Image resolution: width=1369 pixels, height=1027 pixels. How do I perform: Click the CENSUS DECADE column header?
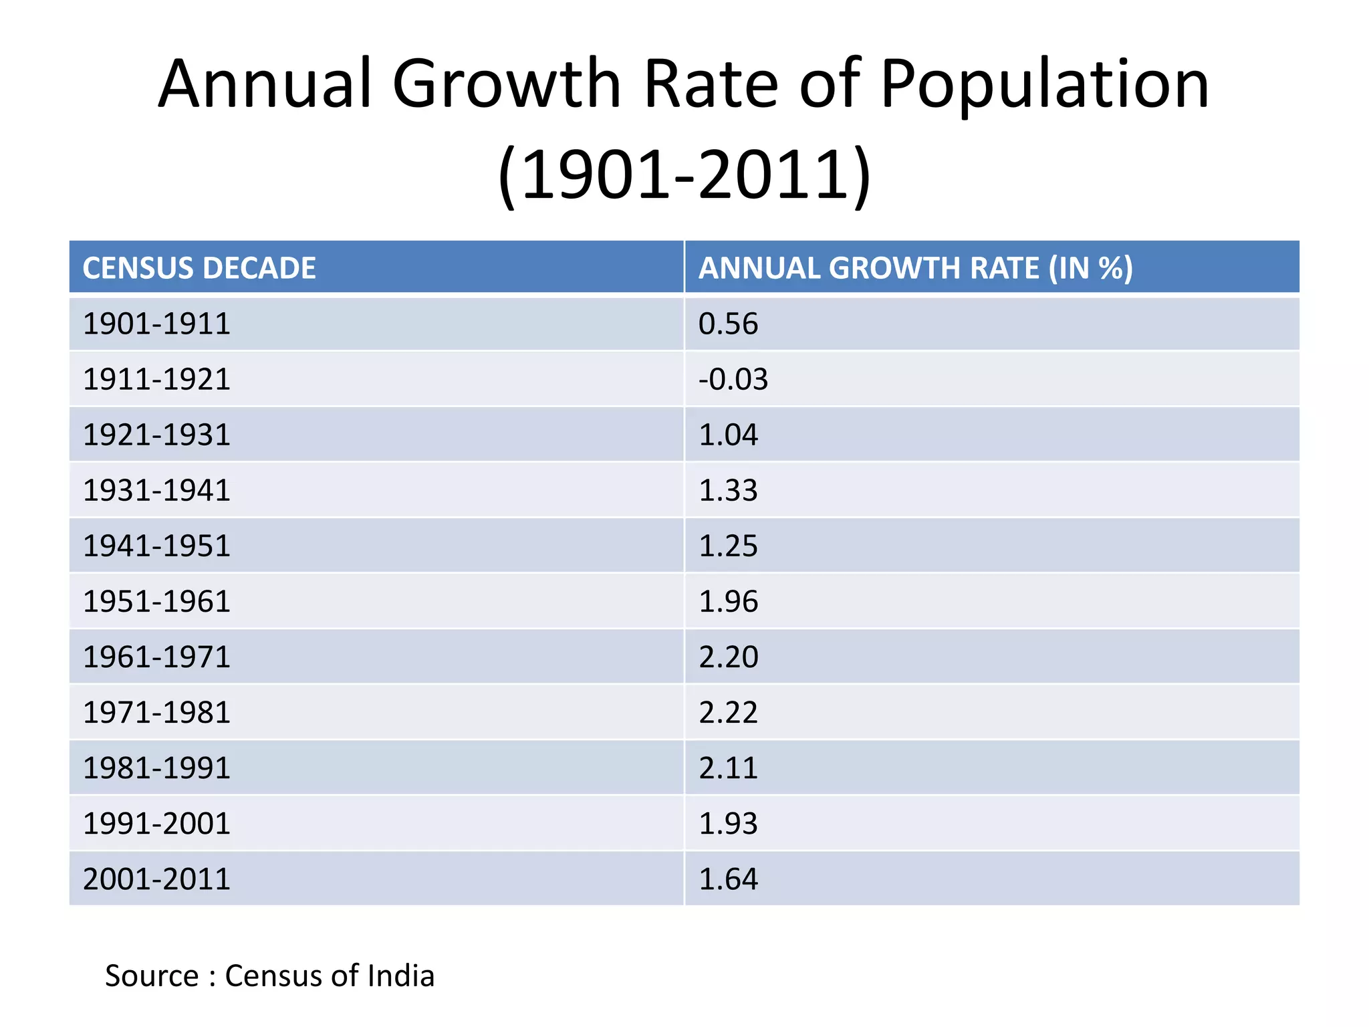point(199,268)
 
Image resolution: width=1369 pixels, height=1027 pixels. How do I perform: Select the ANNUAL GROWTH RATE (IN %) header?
point(915,268)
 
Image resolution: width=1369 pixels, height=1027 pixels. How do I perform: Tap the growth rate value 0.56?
point(728,324)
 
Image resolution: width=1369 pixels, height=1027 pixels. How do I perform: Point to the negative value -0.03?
point(733,380)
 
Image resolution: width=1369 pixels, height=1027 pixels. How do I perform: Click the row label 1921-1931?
point(156,435)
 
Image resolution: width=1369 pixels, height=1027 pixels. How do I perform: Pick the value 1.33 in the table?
point(728,491)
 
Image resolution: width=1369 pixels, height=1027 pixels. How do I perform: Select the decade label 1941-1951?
point(156,546)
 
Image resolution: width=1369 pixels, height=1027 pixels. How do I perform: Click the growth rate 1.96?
point(728,602)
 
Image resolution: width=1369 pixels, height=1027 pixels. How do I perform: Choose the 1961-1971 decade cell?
point(156,657)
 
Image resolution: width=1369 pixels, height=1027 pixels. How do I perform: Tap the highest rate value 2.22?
point(728,713)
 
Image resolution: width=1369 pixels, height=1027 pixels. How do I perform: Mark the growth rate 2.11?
point(728,768)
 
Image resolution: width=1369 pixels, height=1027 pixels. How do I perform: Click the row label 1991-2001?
point(156,824)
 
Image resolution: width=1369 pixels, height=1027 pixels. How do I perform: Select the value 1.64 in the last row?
point(728,879)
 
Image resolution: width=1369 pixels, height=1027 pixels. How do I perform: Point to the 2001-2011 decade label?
point(156,879)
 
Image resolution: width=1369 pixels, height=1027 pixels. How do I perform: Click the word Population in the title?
point(1044,86)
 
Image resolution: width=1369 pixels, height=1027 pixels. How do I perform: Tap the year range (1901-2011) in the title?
point(684,175)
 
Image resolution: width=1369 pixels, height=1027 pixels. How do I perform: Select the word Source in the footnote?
point(152,976)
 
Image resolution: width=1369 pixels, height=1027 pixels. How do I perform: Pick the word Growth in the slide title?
point(507,84)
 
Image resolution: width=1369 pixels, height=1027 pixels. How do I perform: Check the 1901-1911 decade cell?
point(156,324)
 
